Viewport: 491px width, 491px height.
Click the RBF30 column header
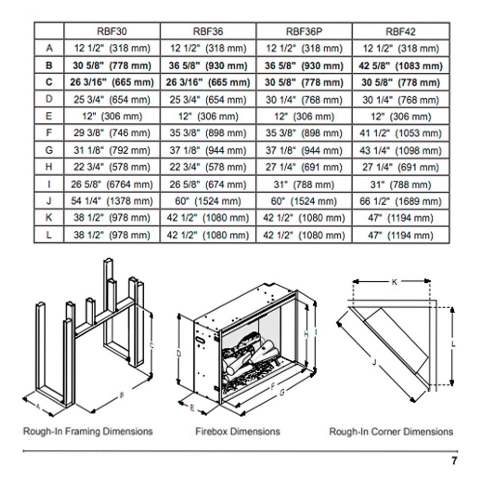pos(112,31)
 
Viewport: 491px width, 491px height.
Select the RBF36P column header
pos(304,31)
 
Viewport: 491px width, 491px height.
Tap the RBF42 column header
pos(401,31)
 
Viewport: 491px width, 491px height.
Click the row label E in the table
pos(49,116)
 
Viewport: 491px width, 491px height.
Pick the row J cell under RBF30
pos(112,201)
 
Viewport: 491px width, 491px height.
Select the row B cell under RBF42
pos(401,65)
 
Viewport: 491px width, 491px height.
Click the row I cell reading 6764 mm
pos(112,185)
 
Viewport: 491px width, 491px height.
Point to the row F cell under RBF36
pos(208,134)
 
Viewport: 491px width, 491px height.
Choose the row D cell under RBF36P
pos(304,100)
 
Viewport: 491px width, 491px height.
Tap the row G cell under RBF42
pos(401,151)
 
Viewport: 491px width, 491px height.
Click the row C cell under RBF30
pos(112,82)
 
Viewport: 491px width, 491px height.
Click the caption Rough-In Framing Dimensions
pos(88,432)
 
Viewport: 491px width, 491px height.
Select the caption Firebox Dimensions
pos(238,432)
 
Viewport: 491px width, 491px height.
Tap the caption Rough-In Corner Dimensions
pos(391,432)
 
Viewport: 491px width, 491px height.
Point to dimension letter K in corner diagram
pos(394,282)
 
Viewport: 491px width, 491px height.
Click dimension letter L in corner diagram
pos(453,344)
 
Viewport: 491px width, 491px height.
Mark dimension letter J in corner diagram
pos(374,362)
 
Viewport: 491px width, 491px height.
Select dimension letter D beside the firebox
pos(179,353)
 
